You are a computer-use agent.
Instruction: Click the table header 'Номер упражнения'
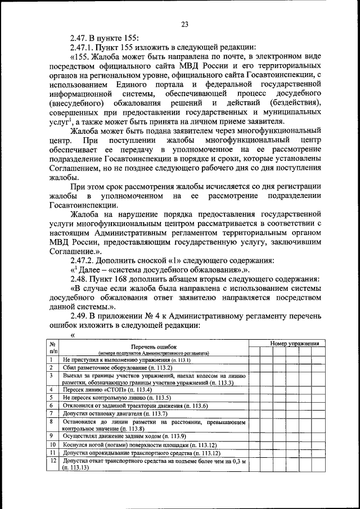[294, 343]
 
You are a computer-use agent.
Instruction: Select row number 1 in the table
[51, 359]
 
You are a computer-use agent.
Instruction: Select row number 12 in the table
[51, 461]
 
